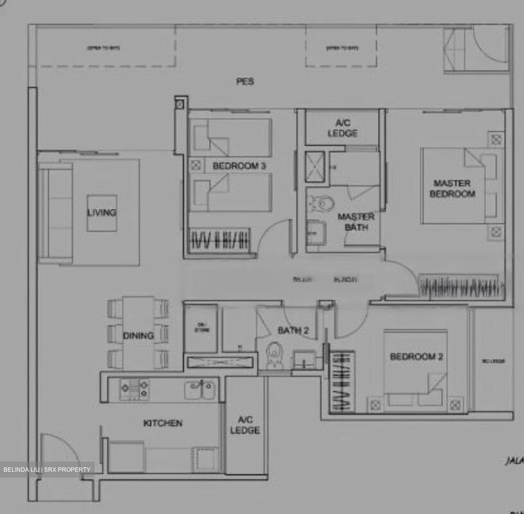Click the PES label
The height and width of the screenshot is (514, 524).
point(245,81)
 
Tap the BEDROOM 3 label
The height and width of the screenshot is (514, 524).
point(239,166)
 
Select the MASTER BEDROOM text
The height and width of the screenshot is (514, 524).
point(452,188)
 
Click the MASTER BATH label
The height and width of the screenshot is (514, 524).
point(356,222)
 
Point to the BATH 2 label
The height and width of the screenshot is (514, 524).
point(293,330)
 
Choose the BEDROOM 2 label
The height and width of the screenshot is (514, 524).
point(416,357)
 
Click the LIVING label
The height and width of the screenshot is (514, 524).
point(102,212)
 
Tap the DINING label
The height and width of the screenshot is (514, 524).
point(138,336)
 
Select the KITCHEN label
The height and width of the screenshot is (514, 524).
point(163,423)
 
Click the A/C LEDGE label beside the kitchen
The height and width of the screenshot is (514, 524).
point(245,425)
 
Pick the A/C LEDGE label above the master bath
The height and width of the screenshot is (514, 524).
point(342,128)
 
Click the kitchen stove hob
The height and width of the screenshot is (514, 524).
point(134,388)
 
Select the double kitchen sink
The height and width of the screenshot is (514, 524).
point(199,389)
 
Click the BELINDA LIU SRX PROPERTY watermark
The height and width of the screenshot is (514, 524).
point(47,470)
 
